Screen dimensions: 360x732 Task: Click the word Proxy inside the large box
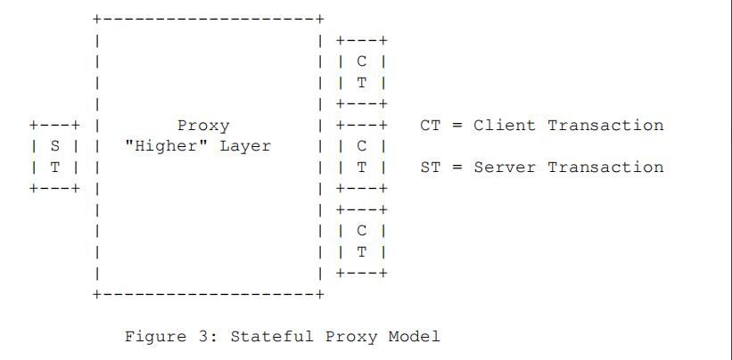coord(203,126)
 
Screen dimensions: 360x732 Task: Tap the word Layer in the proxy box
coord(245,146)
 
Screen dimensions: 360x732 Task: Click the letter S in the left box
coord(53,146)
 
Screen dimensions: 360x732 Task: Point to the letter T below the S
coord(53,167)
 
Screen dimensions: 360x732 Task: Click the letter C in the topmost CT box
coord(361,61)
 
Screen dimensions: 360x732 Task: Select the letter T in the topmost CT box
coord(361,83)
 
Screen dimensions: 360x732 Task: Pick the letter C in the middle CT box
coord(361,146)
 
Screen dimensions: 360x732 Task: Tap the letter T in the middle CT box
coord(361,167)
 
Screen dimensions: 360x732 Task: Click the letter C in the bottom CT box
coord(361,230)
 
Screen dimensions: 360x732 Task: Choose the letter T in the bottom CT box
coord(361,251)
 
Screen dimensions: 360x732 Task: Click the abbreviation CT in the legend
coord(430,126)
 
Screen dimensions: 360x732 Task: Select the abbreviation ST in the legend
coord(430,167)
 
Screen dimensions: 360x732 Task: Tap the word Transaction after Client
coord(605,126)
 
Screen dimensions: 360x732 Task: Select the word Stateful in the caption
coord(271,337)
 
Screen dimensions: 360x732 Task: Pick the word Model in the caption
coord(415,337)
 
